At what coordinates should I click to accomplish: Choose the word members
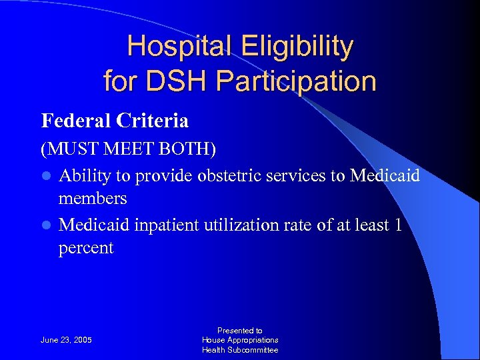pyautogui.click(x=93, y=199)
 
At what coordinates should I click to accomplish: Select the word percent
pyautogui.click(x=86, y=248)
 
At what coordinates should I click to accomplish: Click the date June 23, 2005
pyautogui.click(x=67, y=340)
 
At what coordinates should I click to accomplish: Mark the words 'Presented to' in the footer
pyautogui.click(x=240, y=330)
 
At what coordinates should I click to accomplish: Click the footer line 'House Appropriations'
pyautogui.click(x=240, y=340)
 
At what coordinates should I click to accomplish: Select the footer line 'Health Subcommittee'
pyautogui.click(x=240, y=350)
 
